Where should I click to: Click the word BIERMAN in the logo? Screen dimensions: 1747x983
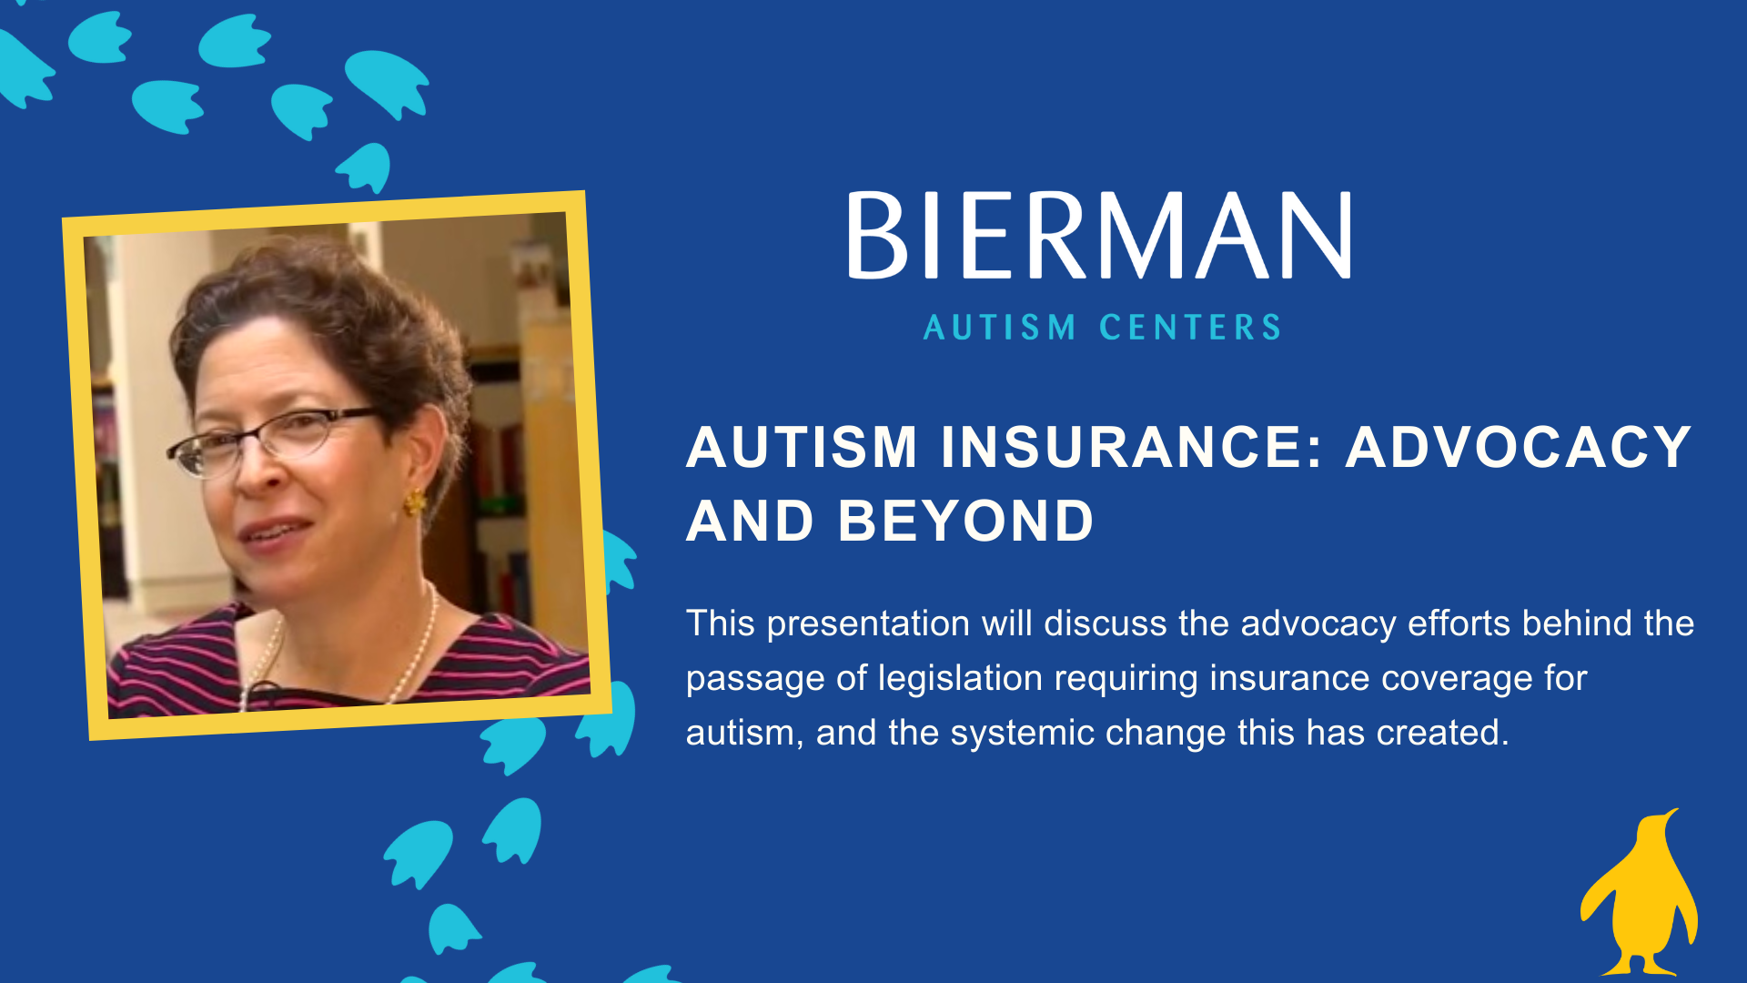(1099, 235)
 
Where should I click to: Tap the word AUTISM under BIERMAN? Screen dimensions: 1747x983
(1000, 328)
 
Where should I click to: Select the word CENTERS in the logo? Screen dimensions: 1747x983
(1190, 328)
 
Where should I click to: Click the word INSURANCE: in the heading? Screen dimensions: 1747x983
(1131, 447)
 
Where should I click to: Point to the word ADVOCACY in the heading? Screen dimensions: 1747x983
(1519, 447)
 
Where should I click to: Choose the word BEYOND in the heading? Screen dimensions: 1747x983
(965, 521)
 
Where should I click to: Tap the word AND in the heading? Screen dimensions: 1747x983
(750, 521)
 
